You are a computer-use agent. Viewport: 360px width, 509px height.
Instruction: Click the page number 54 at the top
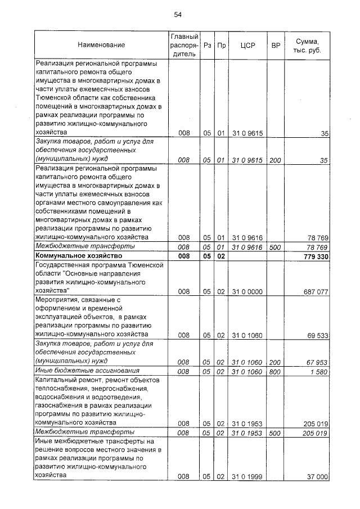[178, 15]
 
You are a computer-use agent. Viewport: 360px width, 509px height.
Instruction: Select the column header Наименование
[101, 44]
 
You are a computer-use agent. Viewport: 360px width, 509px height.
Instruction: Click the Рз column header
[207, 44]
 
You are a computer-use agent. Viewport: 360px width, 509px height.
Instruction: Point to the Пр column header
[221, 44]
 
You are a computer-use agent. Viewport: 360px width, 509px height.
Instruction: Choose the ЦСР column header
[247, 44]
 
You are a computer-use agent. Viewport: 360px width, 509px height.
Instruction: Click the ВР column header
[276, 44]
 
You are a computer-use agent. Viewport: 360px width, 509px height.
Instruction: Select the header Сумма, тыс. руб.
[308, 44]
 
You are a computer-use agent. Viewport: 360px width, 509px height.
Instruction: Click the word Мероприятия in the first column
[56, 300]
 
